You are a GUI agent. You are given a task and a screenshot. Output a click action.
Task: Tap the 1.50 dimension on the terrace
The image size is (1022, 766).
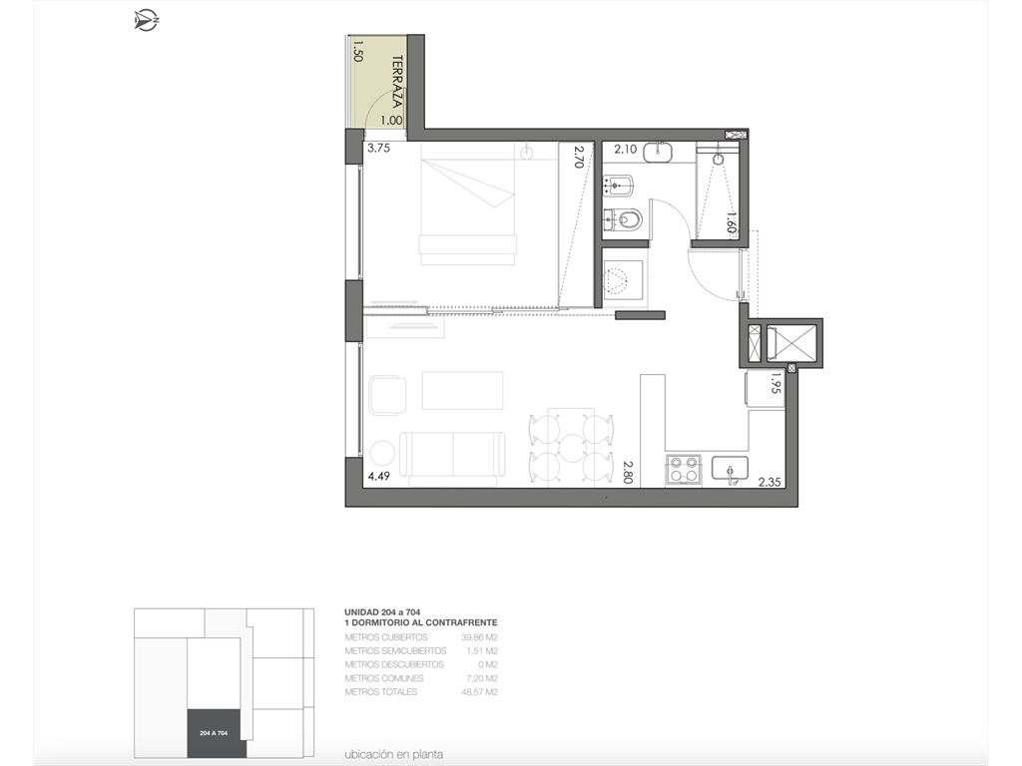point(357,51)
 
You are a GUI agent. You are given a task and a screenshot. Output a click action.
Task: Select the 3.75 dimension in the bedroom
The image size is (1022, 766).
point(378,148)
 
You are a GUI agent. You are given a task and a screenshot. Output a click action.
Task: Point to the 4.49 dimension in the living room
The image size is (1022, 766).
point(378,476)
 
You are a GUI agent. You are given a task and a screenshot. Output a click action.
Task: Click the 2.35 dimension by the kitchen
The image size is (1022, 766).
point(769,483)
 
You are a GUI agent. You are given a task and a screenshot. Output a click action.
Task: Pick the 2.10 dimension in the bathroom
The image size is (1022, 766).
point(626,150)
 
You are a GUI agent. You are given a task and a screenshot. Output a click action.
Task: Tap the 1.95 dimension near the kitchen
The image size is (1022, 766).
point(774,383)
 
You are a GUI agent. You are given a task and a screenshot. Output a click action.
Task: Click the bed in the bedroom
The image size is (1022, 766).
point(469,203)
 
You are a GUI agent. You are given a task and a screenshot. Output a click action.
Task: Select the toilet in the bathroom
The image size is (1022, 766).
point(624,219)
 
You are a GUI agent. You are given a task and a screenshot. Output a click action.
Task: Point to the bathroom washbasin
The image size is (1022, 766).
point(659,152)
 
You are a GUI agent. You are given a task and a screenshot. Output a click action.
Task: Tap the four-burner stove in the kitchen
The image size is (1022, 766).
point(683,470)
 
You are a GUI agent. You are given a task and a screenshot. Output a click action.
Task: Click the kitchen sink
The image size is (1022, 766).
point(730,471)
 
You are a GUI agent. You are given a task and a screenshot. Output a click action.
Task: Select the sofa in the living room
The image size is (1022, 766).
point(453,459)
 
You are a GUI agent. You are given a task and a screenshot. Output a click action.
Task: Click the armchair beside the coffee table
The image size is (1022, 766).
point(387,395)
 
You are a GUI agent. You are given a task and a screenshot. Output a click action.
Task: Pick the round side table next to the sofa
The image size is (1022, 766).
point(381,454)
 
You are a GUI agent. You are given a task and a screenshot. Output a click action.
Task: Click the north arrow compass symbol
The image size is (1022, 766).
point(147,20)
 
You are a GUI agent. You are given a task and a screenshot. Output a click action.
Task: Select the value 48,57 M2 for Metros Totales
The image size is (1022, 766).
point(479,692)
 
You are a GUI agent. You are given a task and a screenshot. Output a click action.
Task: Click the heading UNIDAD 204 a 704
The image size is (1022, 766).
point(382,612)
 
